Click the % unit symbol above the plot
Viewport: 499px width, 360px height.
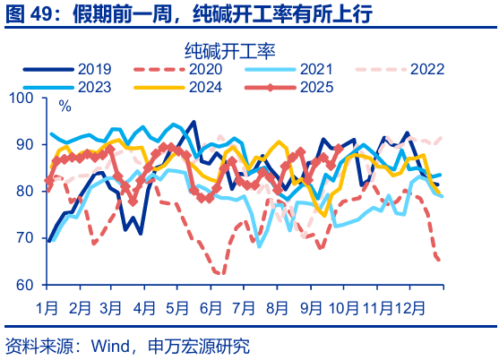(x=65, y=107)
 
